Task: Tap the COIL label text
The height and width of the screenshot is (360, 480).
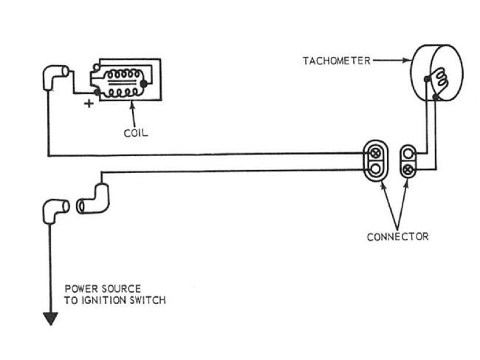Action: point(137,134)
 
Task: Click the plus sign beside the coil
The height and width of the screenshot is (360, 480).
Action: point(89,103)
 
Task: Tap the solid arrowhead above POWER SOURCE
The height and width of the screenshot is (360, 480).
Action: point(50,319)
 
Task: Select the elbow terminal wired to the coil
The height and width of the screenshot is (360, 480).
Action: point(55,75)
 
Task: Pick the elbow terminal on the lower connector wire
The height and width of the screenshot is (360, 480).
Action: point(92,200)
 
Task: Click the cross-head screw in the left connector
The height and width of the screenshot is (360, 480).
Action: point(375,154)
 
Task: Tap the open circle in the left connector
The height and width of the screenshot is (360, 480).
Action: point(375,170)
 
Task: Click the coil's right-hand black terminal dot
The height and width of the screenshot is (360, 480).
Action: point(145,84)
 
